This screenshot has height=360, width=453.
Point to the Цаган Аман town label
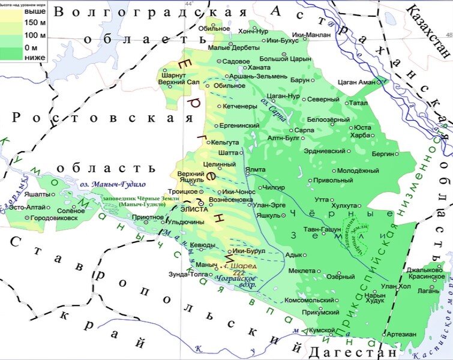(356, 82)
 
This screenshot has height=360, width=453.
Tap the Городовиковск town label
(54, 218)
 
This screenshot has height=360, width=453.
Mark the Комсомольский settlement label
(309, 299)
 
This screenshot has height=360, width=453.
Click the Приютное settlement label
(147, 217)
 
